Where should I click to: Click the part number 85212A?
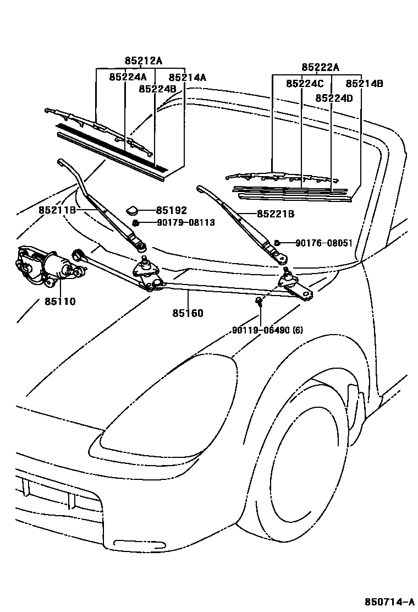click(x=143, y=61)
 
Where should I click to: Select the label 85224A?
click(x=128, y=78)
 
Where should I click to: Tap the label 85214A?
click(x=187, y=78)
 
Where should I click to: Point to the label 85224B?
click(x=157, y=89)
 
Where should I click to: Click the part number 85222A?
click(x=320, y=68)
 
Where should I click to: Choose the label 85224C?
click(x=305, y=84)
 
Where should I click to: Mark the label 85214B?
click(x=364, y=84)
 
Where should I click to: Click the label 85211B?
click(x=57, y=210)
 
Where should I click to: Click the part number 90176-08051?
click(x=323, y=243)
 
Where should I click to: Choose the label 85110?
click(x=60, y=302)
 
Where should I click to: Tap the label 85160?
click(x=188, y=313)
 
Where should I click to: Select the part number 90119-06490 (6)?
click(x=267, y=330)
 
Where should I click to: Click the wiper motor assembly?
click(x=50, y=267)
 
